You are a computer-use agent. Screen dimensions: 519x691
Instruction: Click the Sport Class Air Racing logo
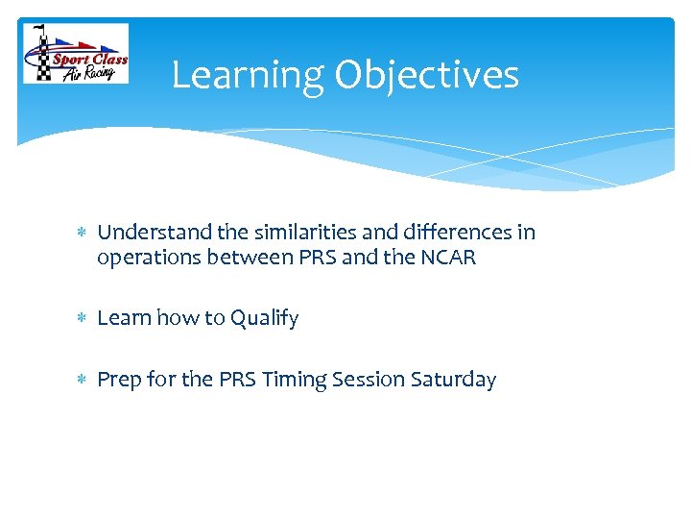[x=76, y=54]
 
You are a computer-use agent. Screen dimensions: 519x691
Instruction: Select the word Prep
[x=119, y=381]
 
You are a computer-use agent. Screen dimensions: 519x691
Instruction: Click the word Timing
[x=295, y=381]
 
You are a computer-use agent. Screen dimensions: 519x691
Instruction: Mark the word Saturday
[x=453, y=381]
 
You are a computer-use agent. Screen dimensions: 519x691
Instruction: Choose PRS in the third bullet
[x=237, y=380]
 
